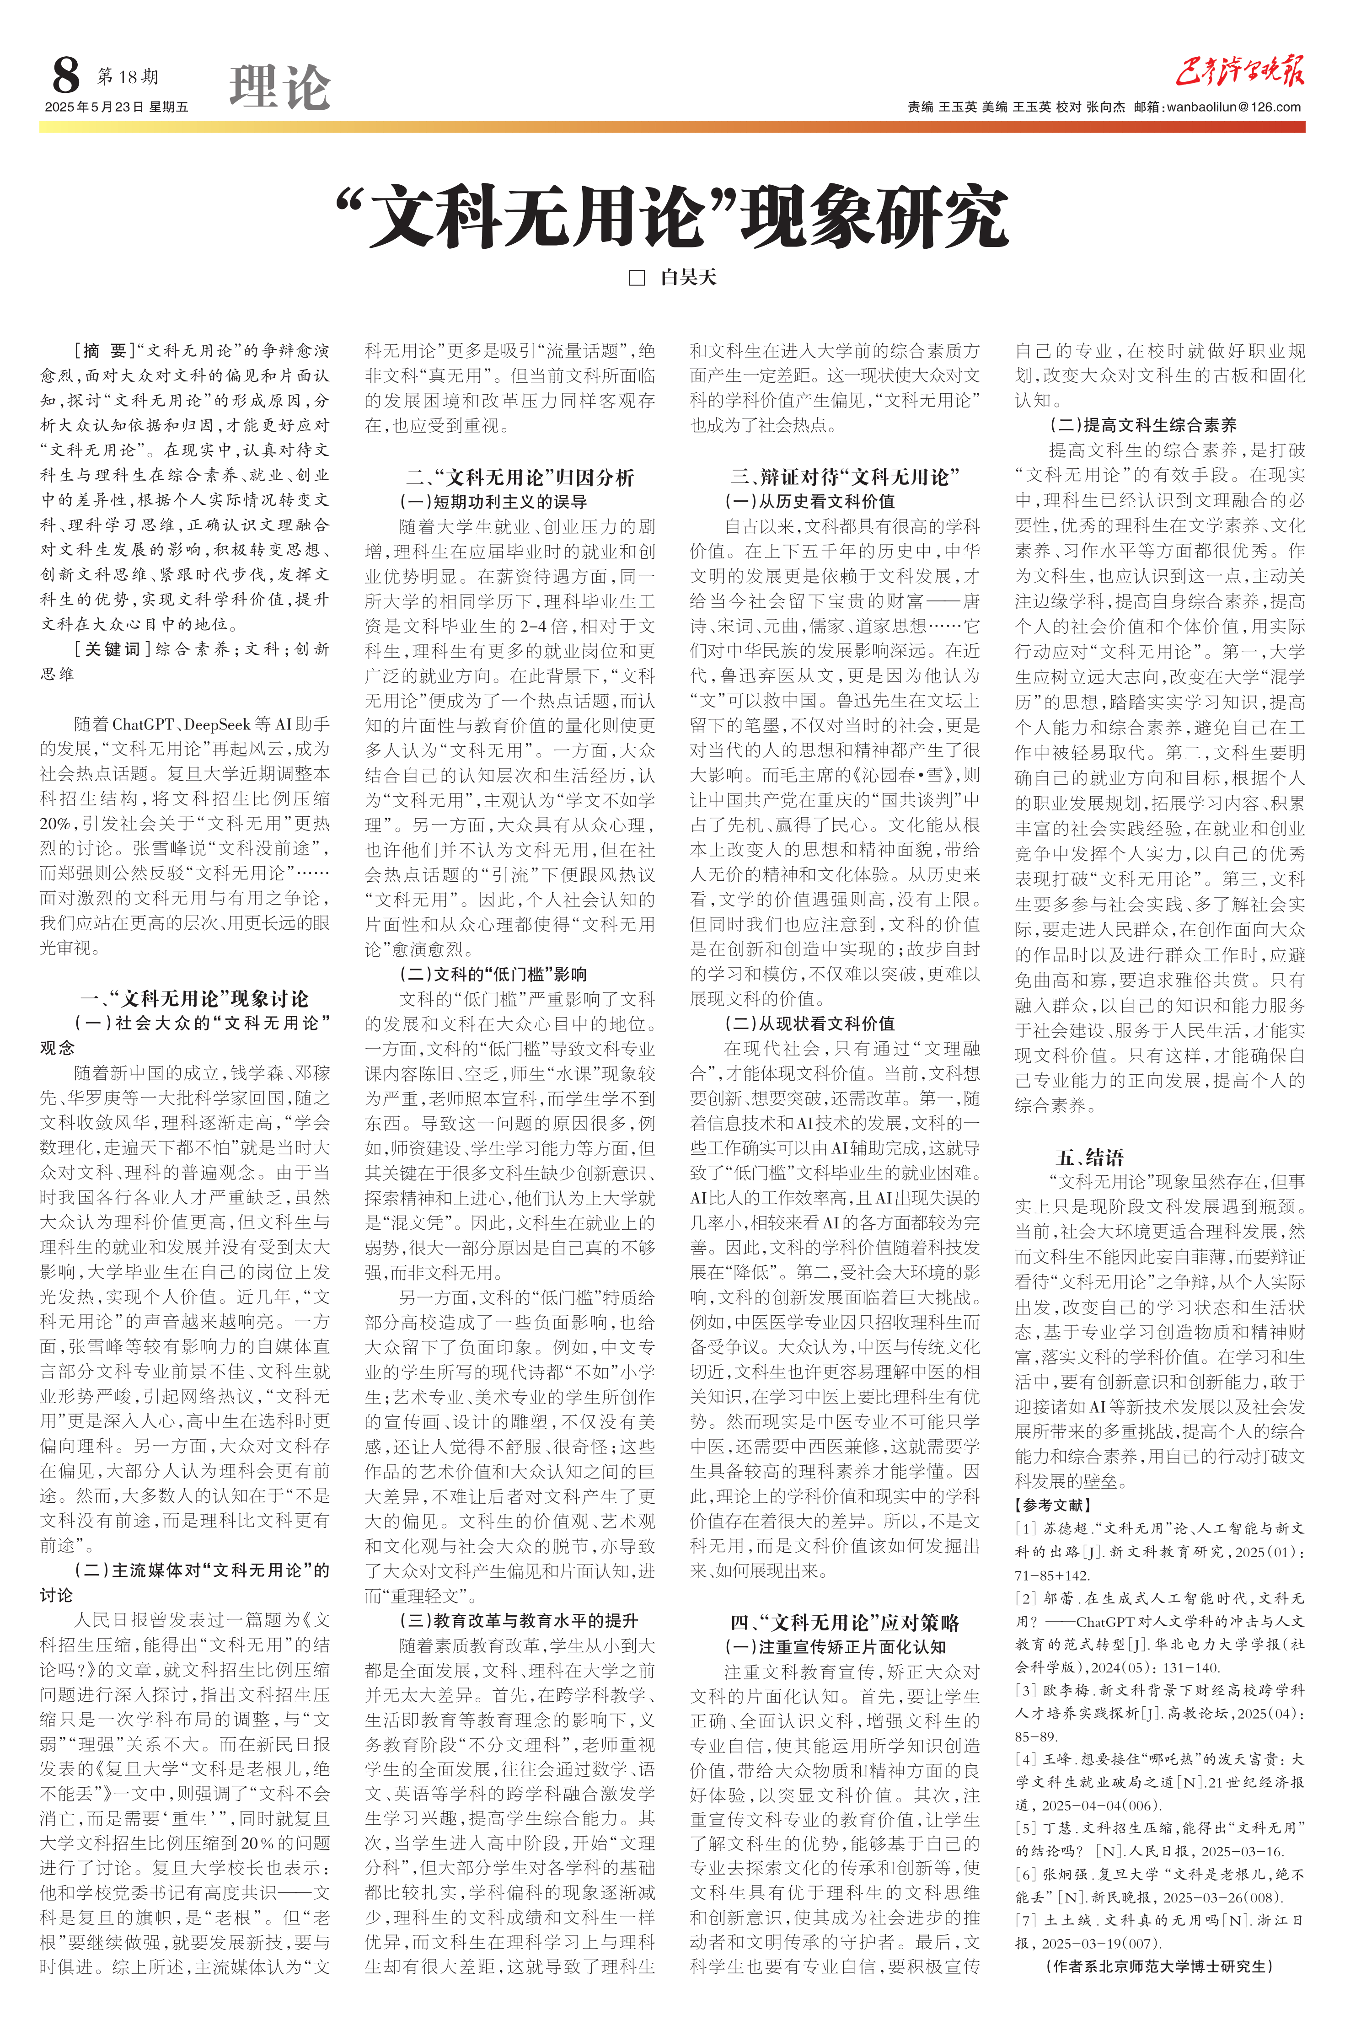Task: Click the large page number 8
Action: coord(65,76)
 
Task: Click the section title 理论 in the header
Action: coord(279,88)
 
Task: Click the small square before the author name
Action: coord(637,278)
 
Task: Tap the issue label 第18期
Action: coord(128,77)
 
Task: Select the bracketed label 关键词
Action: coord(107,649)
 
